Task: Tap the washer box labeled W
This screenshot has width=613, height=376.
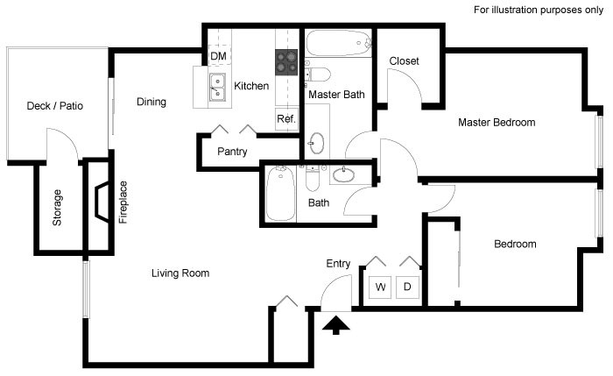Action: pyautogui.click(x=381, y=287)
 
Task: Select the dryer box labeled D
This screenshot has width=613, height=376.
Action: pyautogui.click(x=407, y=287)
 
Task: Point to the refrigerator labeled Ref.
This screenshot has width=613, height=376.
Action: pyautogui.click(x=286, y=118)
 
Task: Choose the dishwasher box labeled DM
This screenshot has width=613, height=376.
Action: pyautogui.click(x=217, y=57)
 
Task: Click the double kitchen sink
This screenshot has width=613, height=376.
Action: pyautogui.click(x=216, y=86)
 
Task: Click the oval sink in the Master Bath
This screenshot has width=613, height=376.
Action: pyautogui.click(x=316, y=142)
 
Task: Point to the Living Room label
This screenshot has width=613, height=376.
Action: pyautogui.click(x=180, y=273)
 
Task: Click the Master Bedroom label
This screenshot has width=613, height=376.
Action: pyautogui.click(x=497, y=123)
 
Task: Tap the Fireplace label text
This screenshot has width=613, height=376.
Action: pyautogui.click(x=123, y=202)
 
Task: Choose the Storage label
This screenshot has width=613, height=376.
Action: pyautogui.click(x=58, y=208)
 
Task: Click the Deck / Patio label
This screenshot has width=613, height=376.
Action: pyautogui.click(x=54, y=106)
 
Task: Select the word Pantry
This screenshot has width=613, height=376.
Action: pyautogui.click(x=232, y=152)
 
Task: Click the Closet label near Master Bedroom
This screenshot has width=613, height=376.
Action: pyautogui.click(x=404, y=61)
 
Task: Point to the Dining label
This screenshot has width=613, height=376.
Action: pyautogui.click(x=151, y=103)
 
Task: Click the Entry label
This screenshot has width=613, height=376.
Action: pyautogui.click(x=338, y=264)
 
